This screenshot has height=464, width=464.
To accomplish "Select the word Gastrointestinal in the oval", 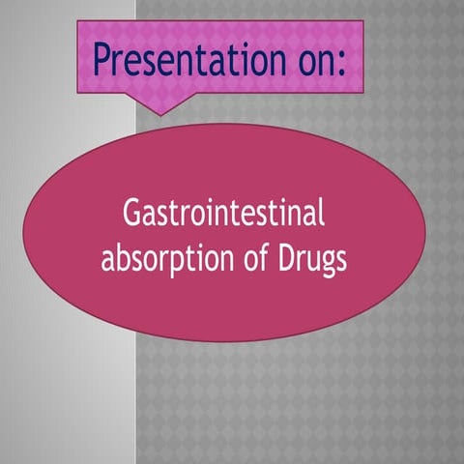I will pyautogui.click(x=224, y=214).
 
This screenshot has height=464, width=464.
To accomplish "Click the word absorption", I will pyautogui.click(x=159, y=260).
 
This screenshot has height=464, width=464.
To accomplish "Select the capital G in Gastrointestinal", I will pyautogui.click(x=132, y=214).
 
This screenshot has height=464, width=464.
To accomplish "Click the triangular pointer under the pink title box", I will pyautogui.click(x=159, y=104).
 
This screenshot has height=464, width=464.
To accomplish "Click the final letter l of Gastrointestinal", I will pyautogui.click(x=321, y=212).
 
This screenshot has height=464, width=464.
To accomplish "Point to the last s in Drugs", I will pyautogui.click(x=339, y=261).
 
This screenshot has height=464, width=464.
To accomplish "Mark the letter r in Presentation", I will pyautogui.click(x=121, y=61).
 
